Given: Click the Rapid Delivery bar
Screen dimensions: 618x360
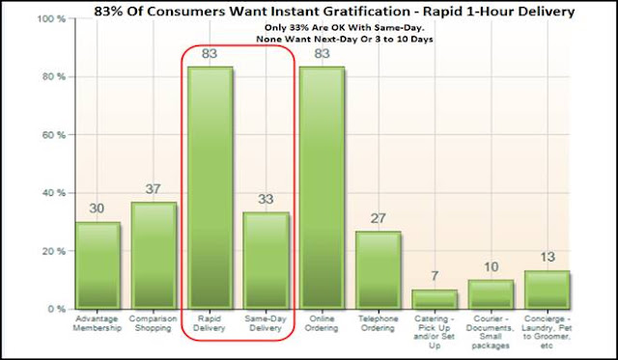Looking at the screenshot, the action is (x=210, y=187).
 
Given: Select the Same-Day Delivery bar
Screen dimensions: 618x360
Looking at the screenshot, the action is (x=266, y=261).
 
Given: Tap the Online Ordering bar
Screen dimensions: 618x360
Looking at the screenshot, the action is (x=322, y=187).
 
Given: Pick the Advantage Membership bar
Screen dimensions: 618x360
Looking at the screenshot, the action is (x=98, y=265).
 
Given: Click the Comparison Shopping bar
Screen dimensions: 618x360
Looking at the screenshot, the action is (x=154, y=256).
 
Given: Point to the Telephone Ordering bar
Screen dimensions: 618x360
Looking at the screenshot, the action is (x=378, y=270).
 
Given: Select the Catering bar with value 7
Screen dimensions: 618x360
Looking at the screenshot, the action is (x=435, y=299).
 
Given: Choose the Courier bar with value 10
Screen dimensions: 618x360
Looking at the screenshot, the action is (x=491, y=294).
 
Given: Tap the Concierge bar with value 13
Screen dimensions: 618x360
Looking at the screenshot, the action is (x=548, y=290).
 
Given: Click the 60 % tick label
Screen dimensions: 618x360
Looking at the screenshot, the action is (x=54, y=135).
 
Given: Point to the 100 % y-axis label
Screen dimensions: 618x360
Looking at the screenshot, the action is (x=51, y=18).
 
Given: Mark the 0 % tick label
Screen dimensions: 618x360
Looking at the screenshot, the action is (x=56, y=310).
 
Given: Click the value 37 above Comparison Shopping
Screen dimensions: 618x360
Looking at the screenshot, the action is (x=153, y=189).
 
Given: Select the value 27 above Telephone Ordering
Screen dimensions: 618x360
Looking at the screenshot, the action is (x=378, y=218).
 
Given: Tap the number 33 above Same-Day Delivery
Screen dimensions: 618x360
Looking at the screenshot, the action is (x=266, y=199).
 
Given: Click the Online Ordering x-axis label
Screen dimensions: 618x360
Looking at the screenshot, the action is (x=322, y=323).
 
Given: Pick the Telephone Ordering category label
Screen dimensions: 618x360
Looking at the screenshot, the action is (x=378, y=323).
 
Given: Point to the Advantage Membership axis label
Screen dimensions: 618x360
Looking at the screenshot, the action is (x=97, y=323).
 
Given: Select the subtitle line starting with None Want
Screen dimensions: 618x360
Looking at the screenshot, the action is (x=345, y=40).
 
